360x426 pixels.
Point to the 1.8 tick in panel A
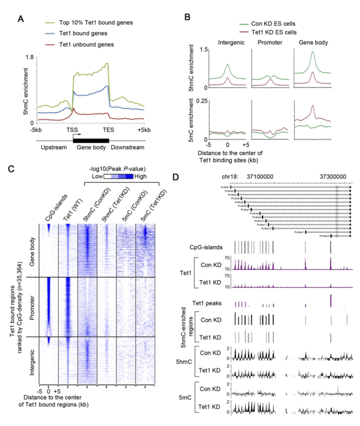(x=30, y=57)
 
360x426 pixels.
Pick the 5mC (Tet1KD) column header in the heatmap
(x=144, y=206)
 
